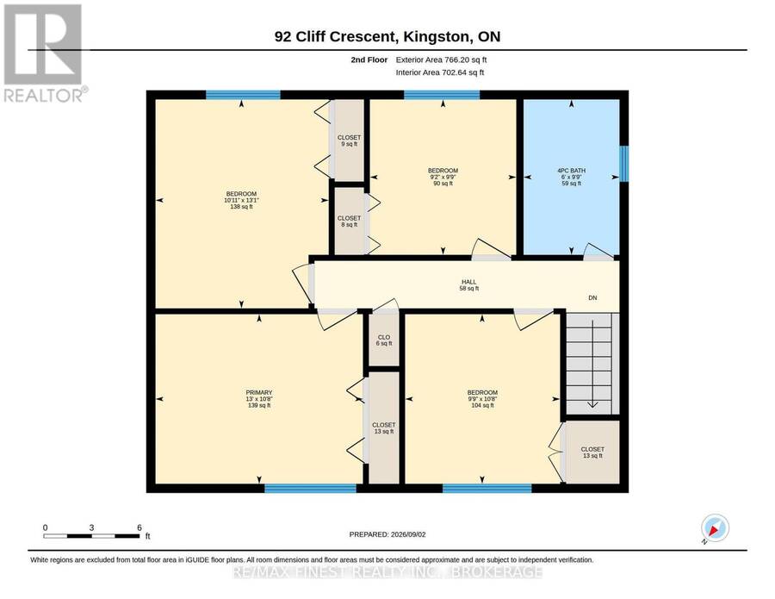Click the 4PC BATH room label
(x=572, y=177)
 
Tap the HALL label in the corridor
(x=469, y=285)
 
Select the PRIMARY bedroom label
(x=259, y=399)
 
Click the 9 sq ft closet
(x=349, y=140)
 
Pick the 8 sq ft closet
(x=349, y=222)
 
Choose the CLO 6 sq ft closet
(x=384, y=340)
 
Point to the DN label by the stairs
(x=592, y=297)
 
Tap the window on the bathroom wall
(x=624, y=163)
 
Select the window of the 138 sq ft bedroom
(x=243, y=95)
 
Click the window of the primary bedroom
(x=310, y=489)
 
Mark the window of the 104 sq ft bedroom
(x=487, y=489)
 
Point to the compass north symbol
(x=715, y=529)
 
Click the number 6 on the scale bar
(x=139, y=527)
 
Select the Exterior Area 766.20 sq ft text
(x=442, y=59)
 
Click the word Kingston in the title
(x=437, y=37)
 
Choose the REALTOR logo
(x=45, y=53)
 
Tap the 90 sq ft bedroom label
(x=443, y=177)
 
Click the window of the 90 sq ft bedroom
(x=442, y=95)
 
